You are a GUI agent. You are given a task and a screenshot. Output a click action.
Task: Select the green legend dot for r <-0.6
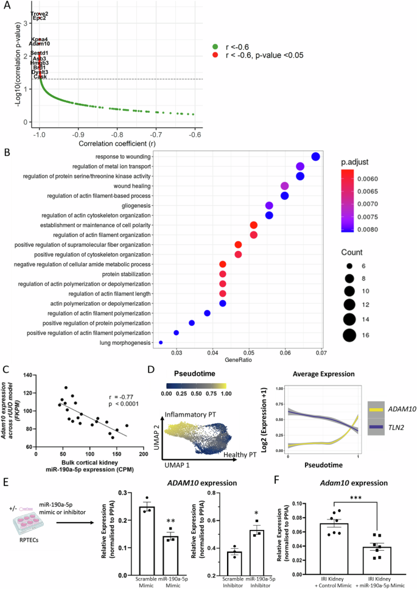pyautogui.click(x=215, y=46)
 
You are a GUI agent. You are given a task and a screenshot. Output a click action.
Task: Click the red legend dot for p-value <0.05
pyautogui.click(x=215, y=55)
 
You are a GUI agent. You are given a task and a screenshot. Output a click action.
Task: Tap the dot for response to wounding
pyautogui.click(x=315, y=157)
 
